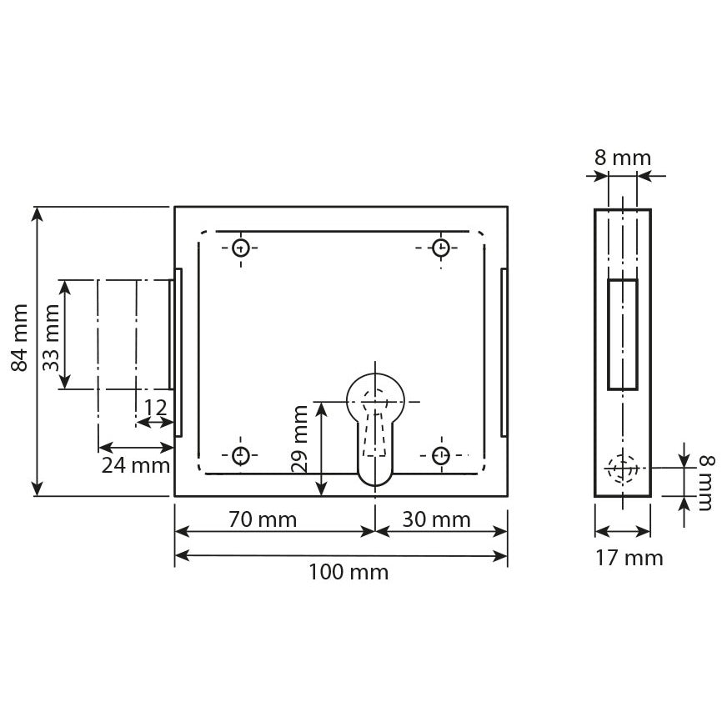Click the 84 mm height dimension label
[20, 338]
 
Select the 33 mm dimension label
[52, 338]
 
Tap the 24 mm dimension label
[136, 465]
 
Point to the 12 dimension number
[155, 408]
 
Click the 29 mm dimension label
[300, 439]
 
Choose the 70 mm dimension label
[263, 519]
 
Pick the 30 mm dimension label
[436, 519]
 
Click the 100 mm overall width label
[348, 572]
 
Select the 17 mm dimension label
[629, 557]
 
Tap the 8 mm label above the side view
[623, 158]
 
